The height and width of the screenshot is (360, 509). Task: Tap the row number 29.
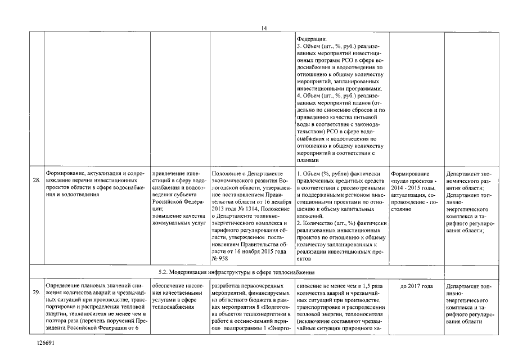point(36,293)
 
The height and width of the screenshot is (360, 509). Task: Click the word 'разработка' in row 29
point(227,286)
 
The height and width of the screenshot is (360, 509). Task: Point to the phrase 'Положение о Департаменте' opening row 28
point(245,173)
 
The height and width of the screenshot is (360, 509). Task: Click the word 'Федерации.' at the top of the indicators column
point(310,38)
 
